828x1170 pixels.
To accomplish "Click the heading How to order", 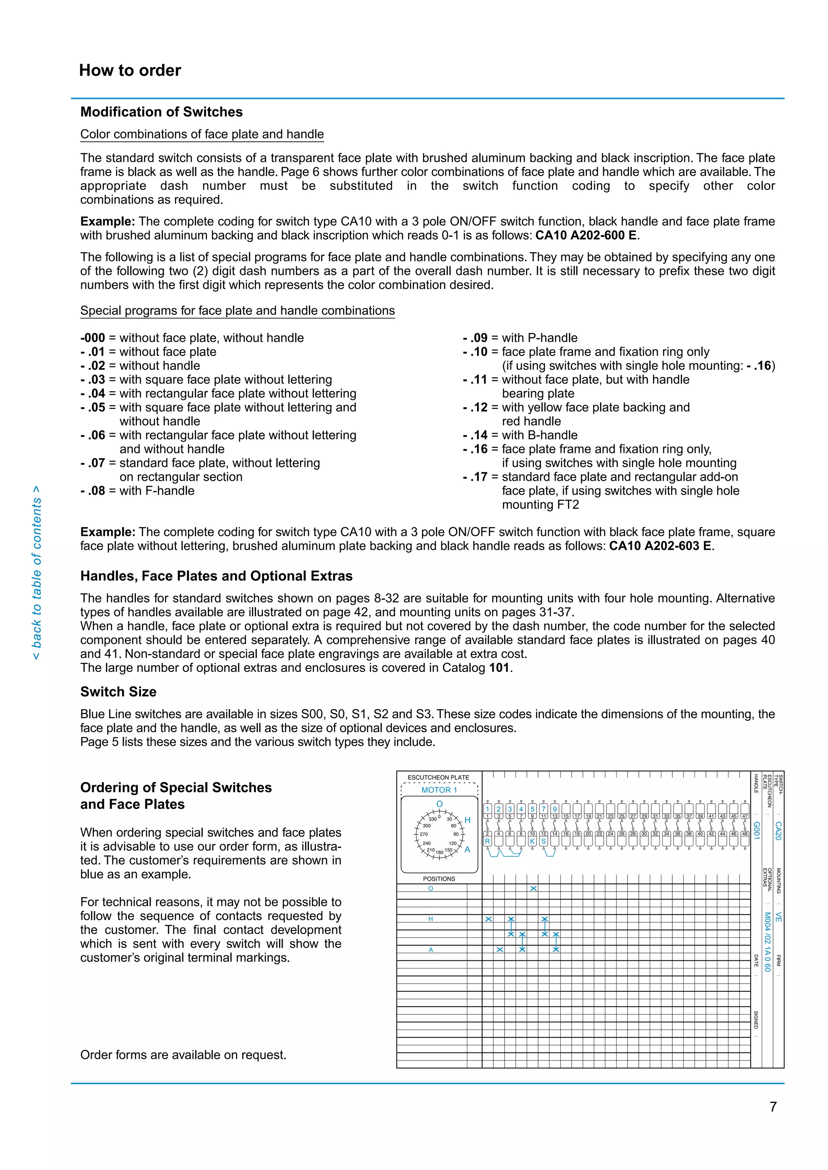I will (130, 70).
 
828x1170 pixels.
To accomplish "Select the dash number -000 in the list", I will (93, 338).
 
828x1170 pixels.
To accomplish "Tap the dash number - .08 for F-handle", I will (93, 491).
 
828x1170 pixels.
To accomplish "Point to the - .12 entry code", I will (475, 407).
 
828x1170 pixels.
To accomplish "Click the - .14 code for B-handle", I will (475, 435).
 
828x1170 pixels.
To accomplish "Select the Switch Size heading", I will (118, 692).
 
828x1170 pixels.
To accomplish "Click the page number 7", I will (773, 1107).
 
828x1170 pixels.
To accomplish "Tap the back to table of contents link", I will (36, 572).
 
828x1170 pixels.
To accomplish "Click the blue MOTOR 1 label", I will (439, 790).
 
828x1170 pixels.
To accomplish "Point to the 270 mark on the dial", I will (424, 834).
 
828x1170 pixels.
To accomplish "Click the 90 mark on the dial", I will (456, 834).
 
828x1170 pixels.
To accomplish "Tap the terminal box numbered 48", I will (745, 834).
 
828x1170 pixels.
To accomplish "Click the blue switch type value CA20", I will (778, 830).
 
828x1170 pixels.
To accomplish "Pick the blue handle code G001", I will (756, 830).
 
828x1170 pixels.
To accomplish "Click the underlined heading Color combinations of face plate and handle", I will (202, 134).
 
